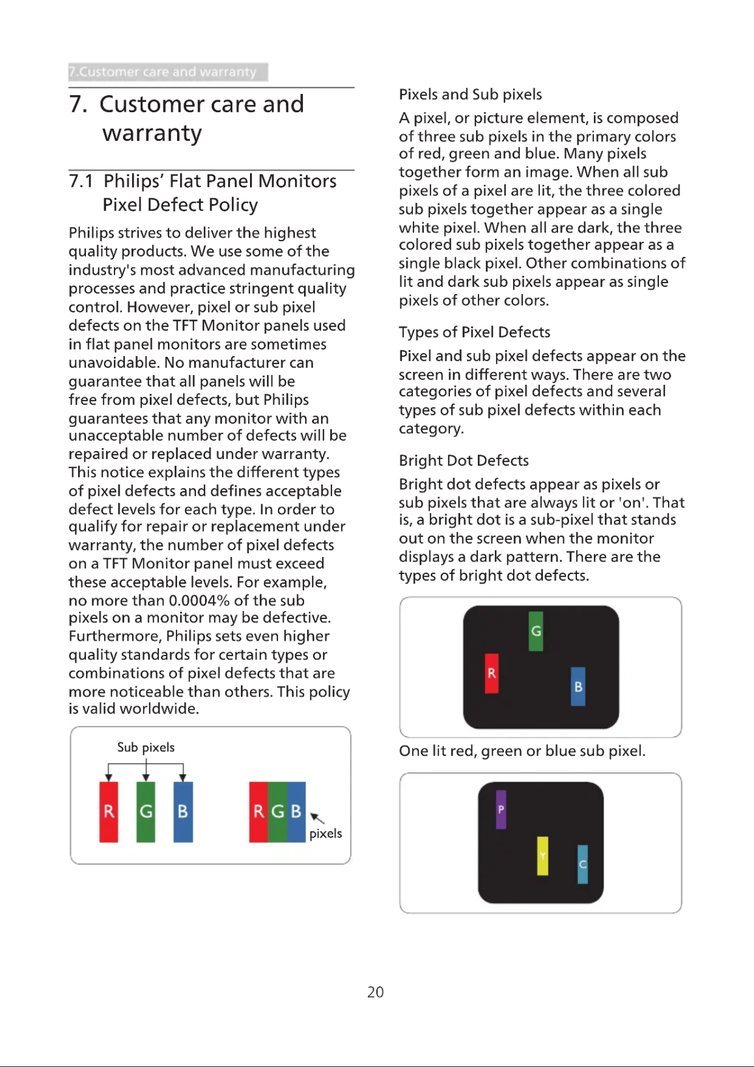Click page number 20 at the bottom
[375, 992]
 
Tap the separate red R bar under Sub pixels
[109, 812]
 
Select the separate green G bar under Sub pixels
[146, 812]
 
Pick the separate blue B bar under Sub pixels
[183, 812]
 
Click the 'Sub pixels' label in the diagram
[146, 747]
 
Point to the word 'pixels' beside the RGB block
[326, 834]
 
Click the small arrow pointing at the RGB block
[317, 818]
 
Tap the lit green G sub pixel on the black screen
[536, 631]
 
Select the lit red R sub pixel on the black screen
[491, 673]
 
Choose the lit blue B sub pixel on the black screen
[578, 686]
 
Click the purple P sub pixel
[501, 809]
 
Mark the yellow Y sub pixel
[543, 856]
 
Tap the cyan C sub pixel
[583, 864]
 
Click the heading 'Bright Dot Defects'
[464, 461]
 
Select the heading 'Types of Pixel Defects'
[474, 332]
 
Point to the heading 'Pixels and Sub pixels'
[470, 95]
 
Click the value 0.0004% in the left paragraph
[199, 601]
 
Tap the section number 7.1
[81, 181]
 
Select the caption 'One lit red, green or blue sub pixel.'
[522, 751]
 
